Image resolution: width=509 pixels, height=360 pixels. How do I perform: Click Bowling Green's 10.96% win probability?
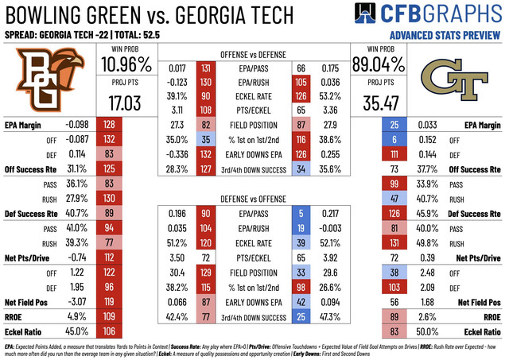124,63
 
